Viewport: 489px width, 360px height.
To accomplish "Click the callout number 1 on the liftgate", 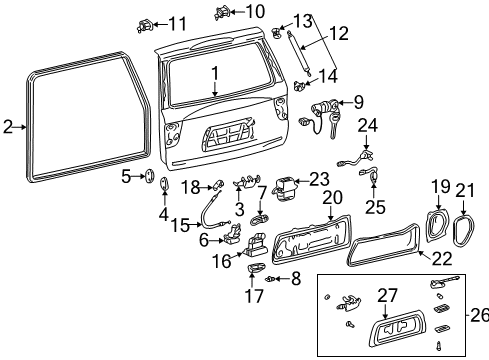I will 214,73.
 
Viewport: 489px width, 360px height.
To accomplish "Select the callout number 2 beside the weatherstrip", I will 8,126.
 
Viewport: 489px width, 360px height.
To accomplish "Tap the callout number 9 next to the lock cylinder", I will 359,101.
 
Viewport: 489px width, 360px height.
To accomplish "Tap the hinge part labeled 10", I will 222,12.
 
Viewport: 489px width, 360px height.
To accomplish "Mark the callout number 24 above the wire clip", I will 368,126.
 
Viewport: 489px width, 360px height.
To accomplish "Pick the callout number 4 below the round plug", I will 163,212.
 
